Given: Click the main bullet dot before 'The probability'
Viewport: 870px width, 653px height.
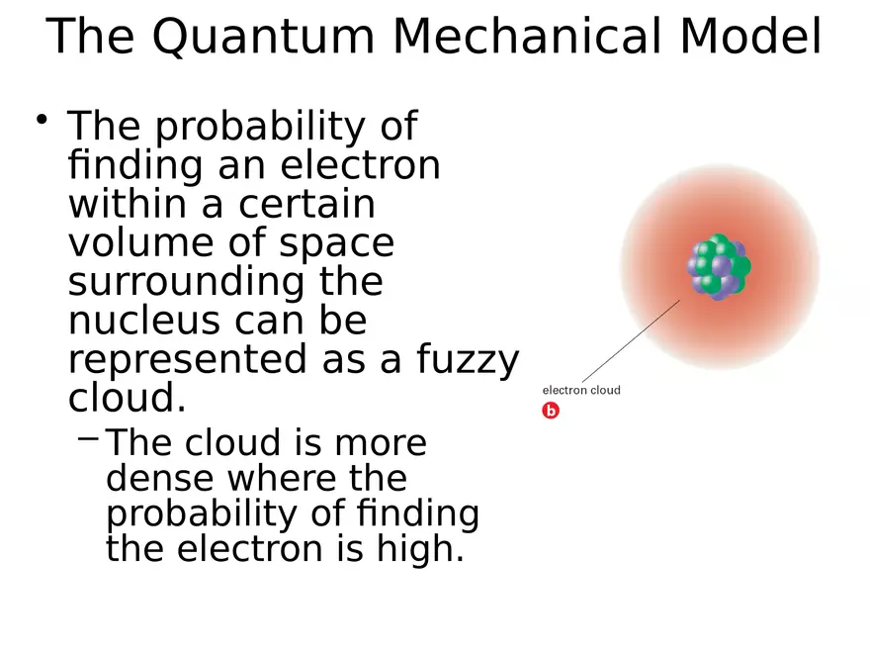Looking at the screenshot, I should [x=43, y=121].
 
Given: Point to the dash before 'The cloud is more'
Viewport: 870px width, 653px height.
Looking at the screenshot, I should [x=87, y=435].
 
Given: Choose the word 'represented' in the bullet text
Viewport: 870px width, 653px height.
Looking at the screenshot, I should [x=184, y=360].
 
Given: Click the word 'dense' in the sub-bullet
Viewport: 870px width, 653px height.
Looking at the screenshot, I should [x=160, y=479].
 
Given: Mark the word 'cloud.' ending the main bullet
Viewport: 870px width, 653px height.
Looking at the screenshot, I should [x=127, y=399].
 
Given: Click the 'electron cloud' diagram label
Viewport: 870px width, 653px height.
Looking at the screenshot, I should [x=581, y=390].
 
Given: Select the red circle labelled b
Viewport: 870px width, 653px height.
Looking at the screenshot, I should [x=551, y=411].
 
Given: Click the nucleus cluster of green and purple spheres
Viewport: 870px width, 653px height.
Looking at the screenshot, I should [x=719, y=266].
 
